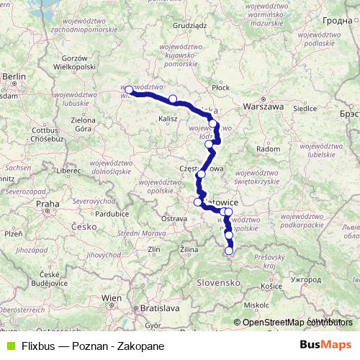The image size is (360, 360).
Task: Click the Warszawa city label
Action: [264, 106]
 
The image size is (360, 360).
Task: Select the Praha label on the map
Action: [48, 204]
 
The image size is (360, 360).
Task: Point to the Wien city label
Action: [112, 297]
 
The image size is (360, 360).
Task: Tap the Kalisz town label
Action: [168, 117]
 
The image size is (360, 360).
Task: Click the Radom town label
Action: [268, 148]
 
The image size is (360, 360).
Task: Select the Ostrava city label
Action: [174, 217]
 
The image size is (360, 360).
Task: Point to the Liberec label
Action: [70, 170]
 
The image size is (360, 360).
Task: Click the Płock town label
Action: [220, 86]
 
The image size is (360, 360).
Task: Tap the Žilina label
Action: [189, 248]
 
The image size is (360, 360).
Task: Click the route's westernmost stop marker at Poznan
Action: [129, 90]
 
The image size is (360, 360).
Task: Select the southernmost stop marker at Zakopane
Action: [230, 251]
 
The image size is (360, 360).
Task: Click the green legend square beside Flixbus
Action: [10, 345]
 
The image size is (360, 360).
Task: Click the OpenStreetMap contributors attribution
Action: [294, 322]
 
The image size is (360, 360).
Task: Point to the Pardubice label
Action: [111, 214]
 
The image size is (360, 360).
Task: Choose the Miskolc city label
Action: [256, 305]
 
